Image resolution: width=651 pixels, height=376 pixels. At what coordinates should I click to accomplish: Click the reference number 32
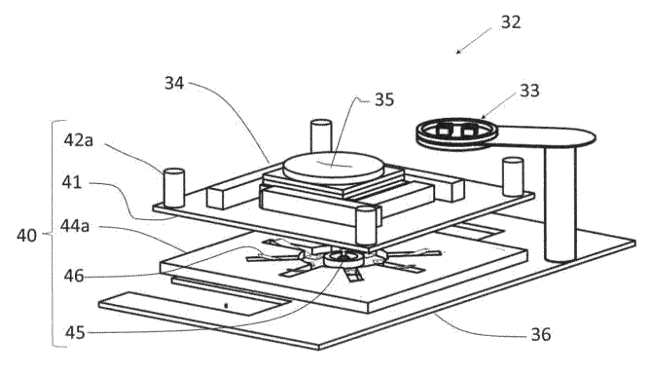(x=510, y=22)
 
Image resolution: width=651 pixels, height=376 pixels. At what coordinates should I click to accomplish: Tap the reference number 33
(x=529, y=91)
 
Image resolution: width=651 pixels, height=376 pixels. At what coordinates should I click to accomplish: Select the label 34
(x=174, y=83)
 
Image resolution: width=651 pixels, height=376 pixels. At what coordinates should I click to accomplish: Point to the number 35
(x=384, y=99)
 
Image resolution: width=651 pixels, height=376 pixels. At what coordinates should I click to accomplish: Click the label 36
(x=541, y=334)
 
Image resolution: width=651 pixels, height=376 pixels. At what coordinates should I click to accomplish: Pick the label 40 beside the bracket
(x=26, y=236)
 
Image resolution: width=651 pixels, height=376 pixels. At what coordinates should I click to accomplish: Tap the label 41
(x=72, y=182)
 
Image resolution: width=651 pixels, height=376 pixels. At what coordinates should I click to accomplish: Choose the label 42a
(x=79, y=140)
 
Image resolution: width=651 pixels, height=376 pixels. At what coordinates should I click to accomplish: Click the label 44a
(x=75, y=226)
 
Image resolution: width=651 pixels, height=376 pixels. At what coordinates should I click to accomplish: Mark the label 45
(x=75, y=332)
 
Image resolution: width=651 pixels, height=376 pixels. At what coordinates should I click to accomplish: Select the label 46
(x=74, y=276)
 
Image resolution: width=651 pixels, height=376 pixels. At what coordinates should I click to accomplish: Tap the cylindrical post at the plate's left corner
(x=174, y=188)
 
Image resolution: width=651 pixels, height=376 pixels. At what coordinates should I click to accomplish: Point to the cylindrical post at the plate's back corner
(x=321, y=135)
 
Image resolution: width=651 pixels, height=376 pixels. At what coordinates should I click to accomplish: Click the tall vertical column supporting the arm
(x=561, y=203)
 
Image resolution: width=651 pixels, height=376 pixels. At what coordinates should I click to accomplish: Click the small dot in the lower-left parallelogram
(x=226, y=306)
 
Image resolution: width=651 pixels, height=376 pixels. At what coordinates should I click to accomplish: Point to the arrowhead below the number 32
(x=458, y=52)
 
